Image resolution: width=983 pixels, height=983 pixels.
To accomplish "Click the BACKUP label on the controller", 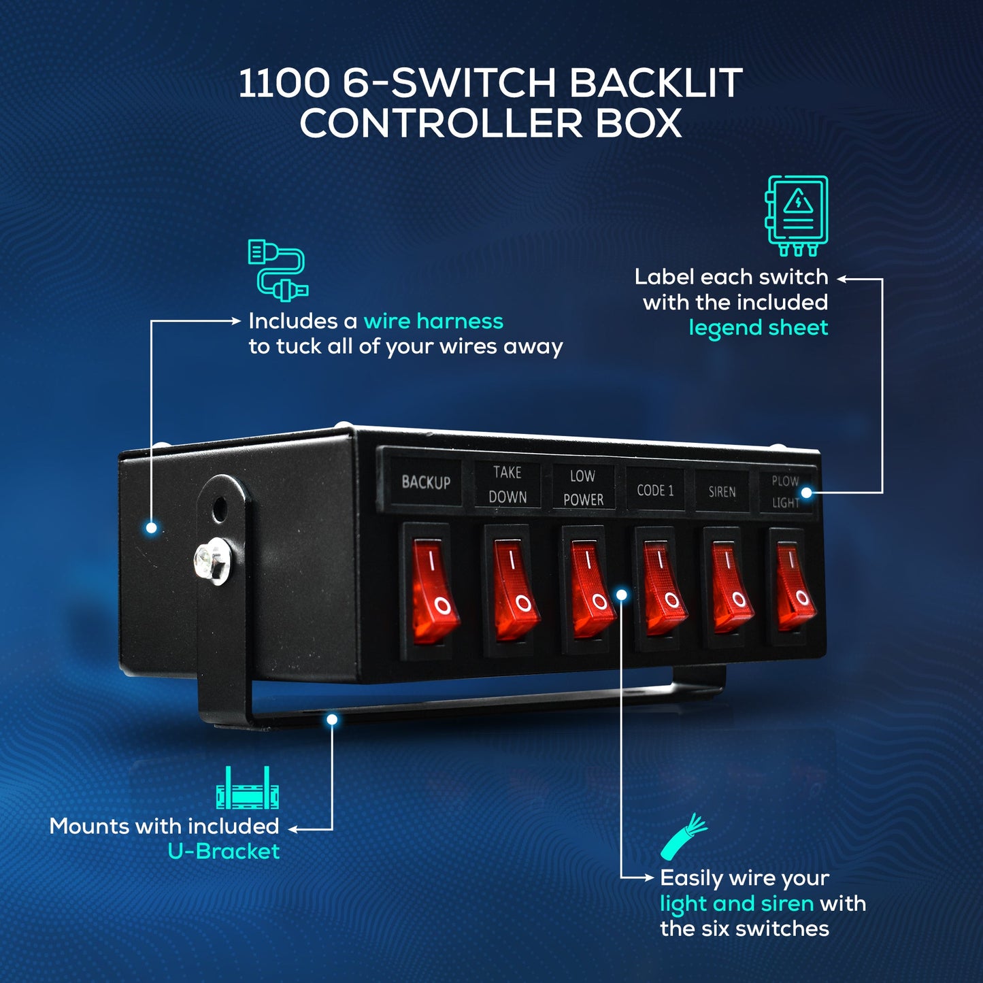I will [426, 482].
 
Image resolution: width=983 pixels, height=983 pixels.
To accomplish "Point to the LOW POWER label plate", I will [583, 487].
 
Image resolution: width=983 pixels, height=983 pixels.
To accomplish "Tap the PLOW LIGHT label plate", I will [786, 491].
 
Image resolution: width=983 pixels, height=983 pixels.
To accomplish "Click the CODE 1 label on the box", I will [655, 490].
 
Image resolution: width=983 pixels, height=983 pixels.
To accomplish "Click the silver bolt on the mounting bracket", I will [212, 561].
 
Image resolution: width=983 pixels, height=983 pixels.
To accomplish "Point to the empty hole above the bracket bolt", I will [219, 508].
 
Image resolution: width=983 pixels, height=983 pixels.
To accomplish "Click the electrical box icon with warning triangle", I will [797, 214].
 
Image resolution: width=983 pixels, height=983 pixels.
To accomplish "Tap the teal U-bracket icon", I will [248, 789].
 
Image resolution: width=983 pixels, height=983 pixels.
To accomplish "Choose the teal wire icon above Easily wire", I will [684, 837].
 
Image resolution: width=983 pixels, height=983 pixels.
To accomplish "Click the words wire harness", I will [433, 321].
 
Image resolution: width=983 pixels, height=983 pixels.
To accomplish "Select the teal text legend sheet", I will [758, 328].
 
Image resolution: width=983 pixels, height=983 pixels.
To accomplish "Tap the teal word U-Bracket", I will [224, 852].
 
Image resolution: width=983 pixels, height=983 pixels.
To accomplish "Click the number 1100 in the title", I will [283, 83].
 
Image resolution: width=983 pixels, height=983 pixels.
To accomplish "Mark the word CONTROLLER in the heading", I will [441, 124].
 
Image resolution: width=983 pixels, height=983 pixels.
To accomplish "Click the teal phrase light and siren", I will [737, 903].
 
